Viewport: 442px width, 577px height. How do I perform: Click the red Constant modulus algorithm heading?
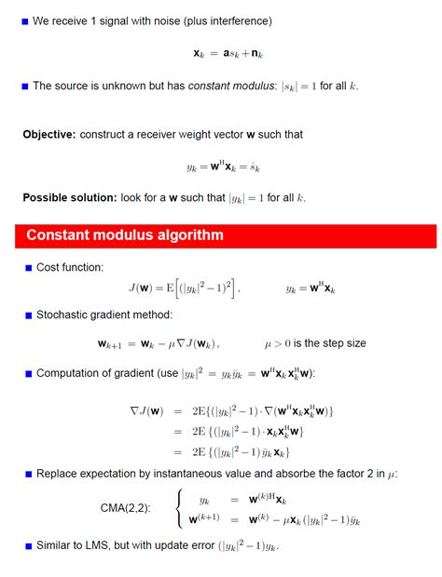click(x=125, y=235)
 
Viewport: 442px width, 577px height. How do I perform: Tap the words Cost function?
click(x=70, y=268)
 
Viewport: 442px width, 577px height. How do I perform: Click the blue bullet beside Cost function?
click(x=27, y=268)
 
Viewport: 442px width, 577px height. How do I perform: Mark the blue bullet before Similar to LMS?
click(x=27, y=545)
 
